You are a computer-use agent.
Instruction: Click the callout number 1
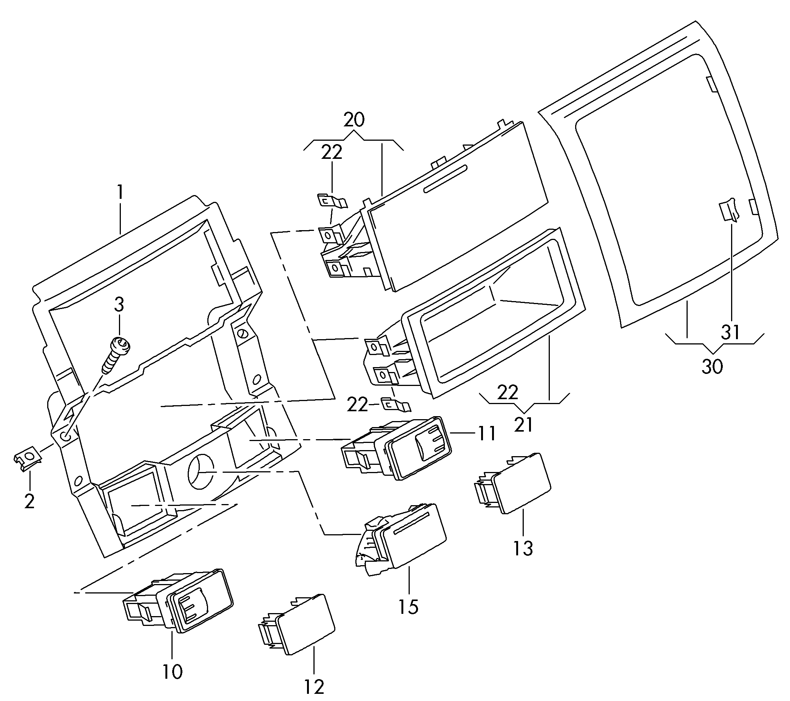point(120,192)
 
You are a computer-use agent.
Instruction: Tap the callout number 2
point(29,501)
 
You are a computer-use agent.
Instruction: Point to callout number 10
point(172,672)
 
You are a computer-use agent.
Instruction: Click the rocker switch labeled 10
point(178,600)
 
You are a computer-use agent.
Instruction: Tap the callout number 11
point(487,434)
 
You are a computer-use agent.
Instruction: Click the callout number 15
point(409,607)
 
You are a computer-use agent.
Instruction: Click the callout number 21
point(524,424)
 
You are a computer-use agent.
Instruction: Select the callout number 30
point(712,366)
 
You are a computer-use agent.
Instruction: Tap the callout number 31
point(730,332)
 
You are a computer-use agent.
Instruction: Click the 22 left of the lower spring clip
point(357,405)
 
